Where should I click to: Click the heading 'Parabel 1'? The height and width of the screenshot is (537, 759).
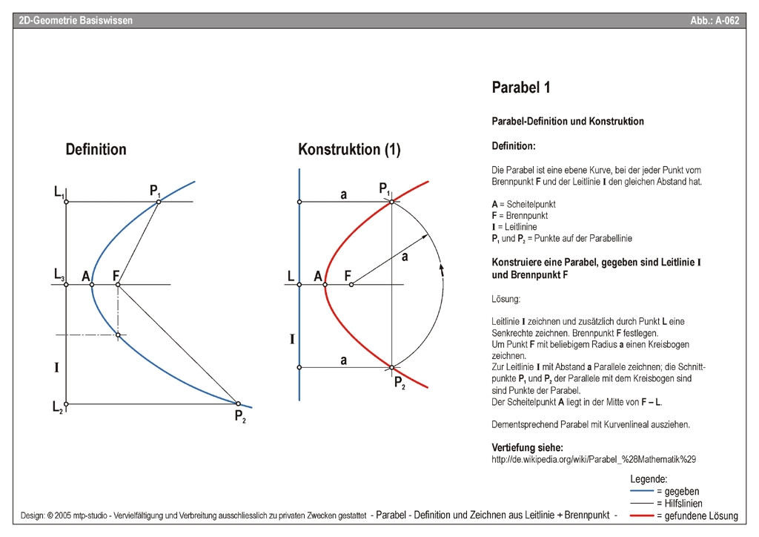[521, 88]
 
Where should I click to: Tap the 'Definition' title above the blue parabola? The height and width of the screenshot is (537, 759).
[96, 149]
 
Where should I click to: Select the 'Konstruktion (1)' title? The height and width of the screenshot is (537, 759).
[349, 149]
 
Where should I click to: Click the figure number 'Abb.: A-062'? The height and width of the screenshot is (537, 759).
[715, 21]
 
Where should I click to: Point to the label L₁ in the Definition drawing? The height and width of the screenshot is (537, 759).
[58, 192]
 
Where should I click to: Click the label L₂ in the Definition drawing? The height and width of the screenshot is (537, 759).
[57, 406]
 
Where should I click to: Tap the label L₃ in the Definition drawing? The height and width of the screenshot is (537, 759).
[59, 274]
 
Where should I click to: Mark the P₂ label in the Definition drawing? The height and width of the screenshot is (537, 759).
[240, 416]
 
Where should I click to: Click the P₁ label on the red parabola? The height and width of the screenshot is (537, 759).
[385, 191]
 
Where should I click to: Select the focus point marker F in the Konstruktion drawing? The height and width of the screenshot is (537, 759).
[351, 284]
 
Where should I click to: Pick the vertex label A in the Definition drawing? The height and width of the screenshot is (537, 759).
[86, 277]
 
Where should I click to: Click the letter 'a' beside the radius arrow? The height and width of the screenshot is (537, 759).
[405, 257]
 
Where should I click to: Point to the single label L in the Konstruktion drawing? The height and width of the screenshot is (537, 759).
[291, 277]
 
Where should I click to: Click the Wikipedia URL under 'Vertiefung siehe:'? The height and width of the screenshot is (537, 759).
[594, 460]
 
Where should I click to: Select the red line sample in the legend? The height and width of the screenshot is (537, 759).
[641, 515]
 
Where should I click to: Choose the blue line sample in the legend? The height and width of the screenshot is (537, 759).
[641, 491]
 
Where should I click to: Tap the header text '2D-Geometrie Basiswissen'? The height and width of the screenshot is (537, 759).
[76, 21]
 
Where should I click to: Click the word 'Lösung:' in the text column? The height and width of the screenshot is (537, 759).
[506, 300]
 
